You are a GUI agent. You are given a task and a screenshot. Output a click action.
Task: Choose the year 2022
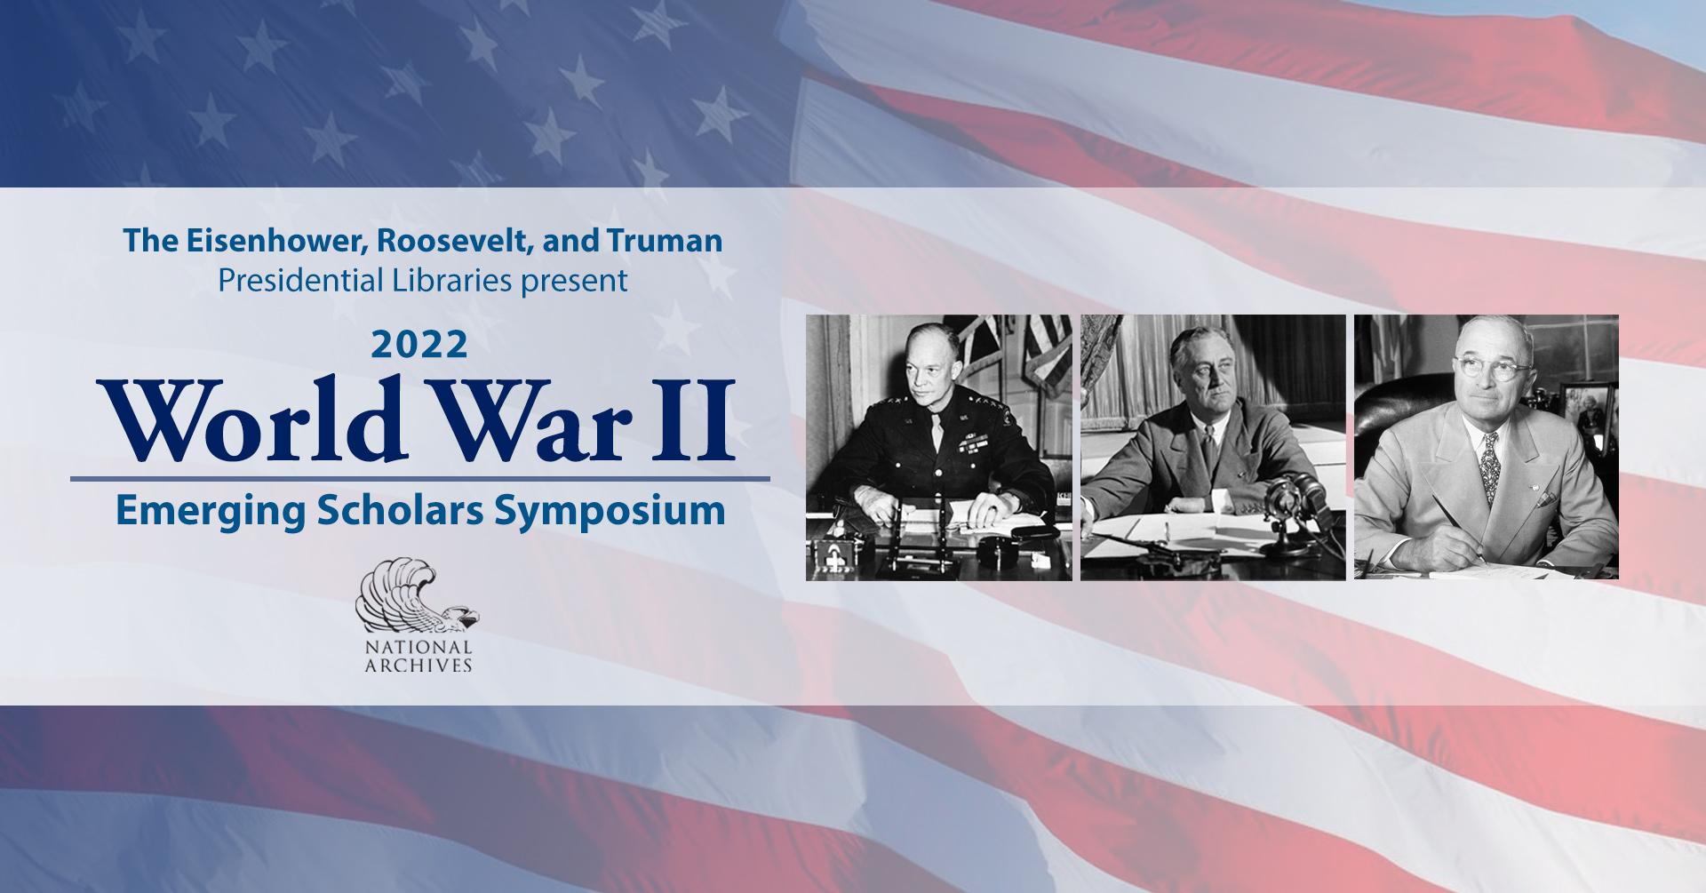420,345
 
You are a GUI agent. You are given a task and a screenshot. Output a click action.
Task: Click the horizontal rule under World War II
419,479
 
